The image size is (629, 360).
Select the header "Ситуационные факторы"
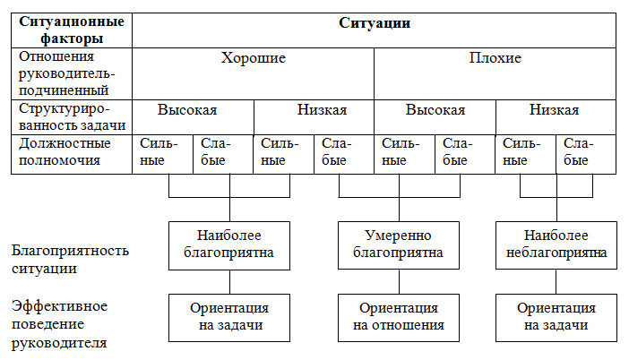coord(72,30)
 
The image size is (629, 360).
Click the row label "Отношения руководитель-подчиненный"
coord(66,73)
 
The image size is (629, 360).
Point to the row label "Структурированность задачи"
coord(73,116)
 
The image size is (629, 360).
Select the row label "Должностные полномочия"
coord(65,151)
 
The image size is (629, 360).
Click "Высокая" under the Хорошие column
coord(187,110)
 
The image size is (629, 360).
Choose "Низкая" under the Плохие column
coord(554,110)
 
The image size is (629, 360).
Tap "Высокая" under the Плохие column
coord(435,110)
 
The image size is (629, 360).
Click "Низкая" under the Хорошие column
coord(322,110)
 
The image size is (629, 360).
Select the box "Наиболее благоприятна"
coord(229,245)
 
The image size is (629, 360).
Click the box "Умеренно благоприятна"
coord(399,245)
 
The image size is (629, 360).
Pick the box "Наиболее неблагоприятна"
coord(556,245)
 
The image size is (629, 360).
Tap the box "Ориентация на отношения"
coord(399,318)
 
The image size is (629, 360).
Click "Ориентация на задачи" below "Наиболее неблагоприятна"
coord(556,318)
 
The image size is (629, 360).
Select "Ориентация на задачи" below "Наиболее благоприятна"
coord(229,318)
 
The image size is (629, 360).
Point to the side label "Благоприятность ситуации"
coord(70,259)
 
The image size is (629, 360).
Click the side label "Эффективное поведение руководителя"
coord(59,324)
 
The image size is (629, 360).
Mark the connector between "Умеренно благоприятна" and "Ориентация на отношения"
coord(399,281)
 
